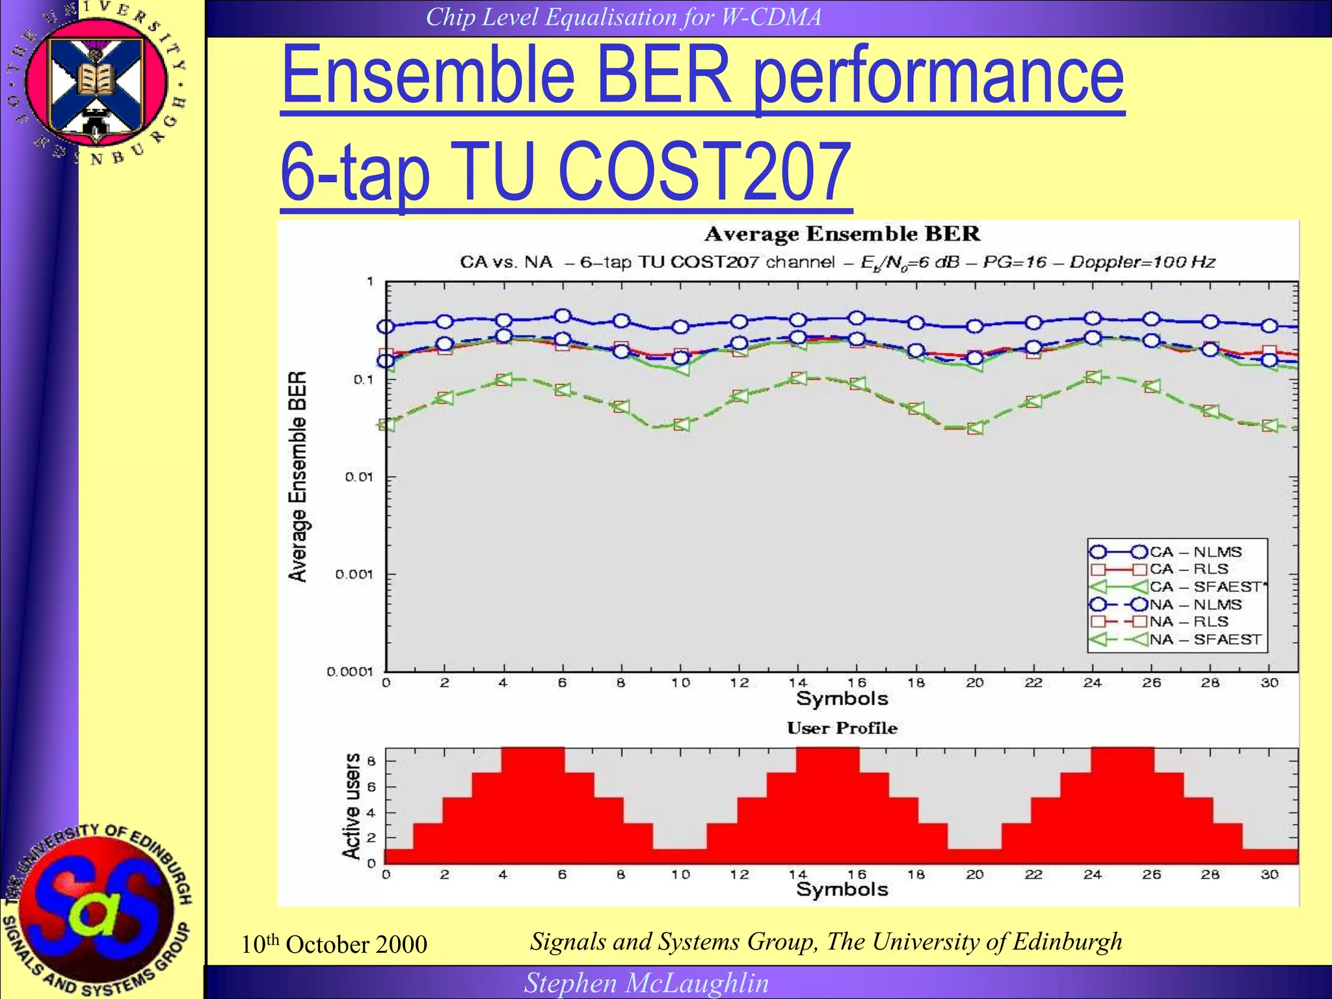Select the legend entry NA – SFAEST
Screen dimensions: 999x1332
click(1205, 639)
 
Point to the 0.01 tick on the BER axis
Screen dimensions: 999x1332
click(359, 477)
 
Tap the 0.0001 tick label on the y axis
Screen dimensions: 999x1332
click(349, 672)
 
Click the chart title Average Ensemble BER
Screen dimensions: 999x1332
click(842, 234)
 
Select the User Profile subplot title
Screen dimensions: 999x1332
click(842, 728)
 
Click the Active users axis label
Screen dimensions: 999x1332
click(352, 806)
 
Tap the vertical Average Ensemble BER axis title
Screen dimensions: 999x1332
click(297, 477)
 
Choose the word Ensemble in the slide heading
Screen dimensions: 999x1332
click(427, 76)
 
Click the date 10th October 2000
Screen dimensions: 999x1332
click(334, 944)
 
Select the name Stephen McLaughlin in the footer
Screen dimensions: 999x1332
click(646, 983)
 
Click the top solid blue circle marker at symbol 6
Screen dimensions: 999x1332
click(563, 316)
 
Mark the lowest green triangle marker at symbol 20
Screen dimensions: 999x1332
click(975, 428)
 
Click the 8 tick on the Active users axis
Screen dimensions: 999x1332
click(371, 761)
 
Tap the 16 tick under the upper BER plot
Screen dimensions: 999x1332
click(857, 683)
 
